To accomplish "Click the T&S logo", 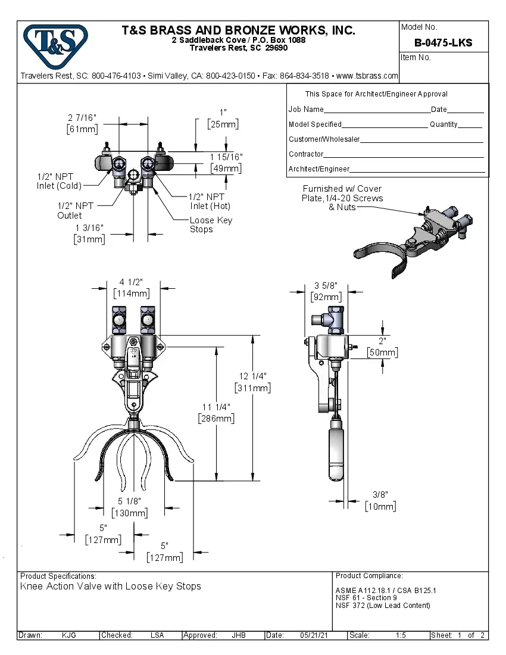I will pyautogui.click(x=55, y=46).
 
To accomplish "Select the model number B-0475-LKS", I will pyautogui.click(x=443, y=42).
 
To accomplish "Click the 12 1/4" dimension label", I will pyautogui.click(x=253, y=376).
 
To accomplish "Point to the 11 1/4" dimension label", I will pyautogui.click(x=215, y=407).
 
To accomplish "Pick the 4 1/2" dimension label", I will pyautogui.click(x=131, y=282).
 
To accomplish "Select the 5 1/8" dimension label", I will pyautogui.click(x=129, y=501).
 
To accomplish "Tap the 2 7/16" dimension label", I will pyautogui.click(x=82, y=117).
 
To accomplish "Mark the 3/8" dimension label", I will pyautogui.click(x=380, y=494).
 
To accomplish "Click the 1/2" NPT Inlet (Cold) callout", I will pyautogui.click(x=59, y=181).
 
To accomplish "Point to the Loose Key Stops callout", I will pyautogui.click(x=211, y=224).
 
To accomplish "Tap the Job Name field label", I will pyautogui.click(x=306, y=110).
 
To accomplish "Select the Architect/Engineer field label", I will pyautogui.click(x=318, y=169).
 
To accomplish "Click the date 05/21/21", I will pyautogui.click(x=314, y=635).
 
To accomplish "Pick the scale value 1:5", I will pyautogui.click(x=401, y=635).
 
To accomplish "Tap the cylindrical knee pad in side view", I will pyautogui.click(x=336, y=450).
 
